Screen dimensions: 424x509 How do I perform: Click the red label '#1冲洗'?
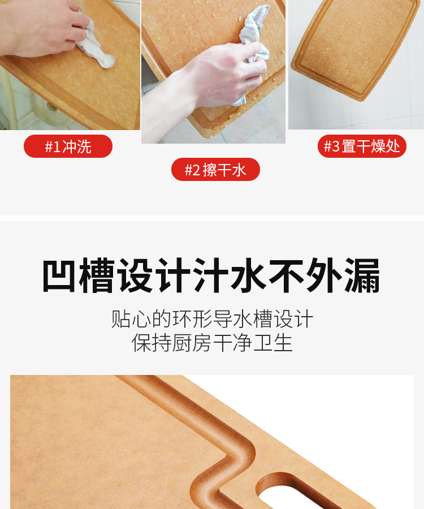click(68, 146)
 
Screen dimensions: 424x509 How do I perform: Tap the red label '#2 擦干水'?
click(215, 170)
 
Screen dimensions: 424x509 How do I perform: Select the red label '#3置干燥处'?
click(362, 146)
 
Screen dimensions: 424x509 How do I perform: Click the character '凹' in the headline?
click(59, 275)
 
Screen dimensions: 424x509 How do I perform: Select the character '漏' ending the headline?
click(363, 275)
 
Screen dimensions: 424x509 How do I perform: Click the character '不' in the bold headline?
click(286, 275)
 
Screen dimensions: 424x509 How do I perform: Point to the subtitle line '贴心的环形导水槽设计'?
click(212, 319)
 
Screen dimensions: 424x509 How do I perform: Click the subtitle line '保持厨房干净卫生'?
click(212, 343)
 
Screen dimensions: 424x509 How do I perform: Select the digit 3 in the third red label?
click(336, 146)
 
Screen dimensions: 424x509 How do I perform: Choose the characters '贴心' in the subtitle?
click(131, 319)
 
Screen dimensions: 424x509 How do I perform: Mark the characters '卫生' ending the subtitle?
click(273, 343)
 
